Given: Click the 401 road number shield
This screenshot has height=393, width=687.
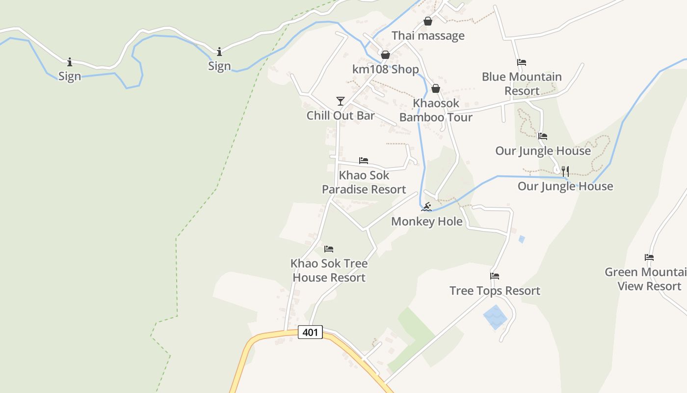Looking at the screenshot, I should point(310,333).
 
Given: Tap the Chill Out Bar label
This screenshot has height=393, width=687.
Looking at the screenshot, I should point(341,115).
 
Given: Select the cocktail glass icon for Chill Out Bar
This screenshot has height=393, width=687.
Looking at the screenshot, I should point(341,101).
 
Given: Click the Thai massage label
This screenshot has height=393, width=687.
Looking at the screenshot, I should point(428,36).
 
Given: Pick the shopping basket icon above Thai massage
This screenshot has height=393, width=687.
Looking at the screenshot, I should point(428,22).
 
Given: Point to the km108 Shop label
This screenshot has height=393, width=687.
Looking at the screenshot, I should point(386,69).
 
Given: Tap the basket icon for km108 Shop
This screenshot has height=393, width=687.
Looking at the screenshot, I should point(386,55).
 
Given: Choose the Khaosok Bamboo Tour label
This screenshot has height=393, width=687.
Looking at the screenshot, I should point(436,110).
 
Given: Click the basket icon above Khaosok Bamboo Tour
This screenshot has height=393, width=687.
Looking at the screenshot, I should point(436,88).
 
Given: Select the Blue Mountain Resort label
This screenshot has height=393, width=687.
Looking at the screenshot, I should point(522,84).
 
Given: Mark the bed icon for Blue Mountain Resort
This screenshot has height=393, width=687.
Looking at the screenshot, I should point(522,62).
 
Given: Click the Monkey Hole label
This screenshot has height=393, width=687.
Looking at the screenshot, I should point(427,222).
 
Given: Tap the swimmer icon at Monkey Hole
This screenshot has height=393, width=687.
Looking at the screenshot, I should point(426,207).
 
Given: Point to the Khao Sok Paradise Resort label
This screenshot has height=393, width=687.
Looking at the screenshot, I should point(364,182).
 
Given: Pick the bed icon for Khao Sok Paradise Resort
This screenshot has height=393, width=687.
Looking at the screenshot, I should point(364,160).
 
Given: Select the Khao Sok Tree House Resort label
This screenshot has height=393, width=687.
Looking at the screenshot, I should point(329,270).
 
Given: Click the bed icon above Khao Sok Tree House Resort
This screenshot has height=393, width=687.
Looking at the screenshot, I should point(329,249).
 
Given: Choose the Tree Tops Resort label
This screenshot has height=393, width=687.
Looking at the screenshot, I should point(495,291).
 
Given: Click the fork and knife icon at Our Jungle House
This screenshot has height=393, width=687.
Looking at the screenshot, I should point(565,171).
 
